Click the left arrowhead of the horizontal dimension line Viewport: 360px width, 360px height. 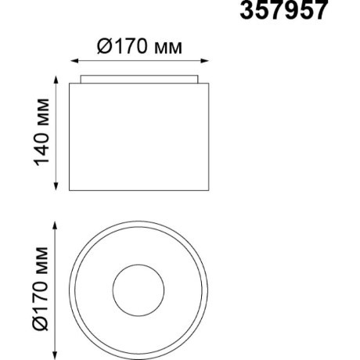(74, 61)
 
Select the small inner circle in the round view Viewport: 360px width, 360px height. (139, 289)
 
